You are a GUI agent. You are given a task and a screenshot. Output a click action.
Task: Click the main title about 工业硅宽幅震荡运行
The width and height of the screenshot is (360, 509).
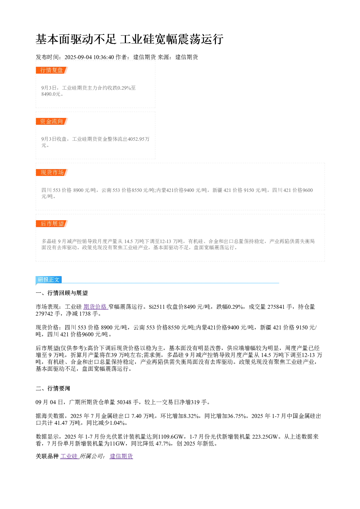(130, 39)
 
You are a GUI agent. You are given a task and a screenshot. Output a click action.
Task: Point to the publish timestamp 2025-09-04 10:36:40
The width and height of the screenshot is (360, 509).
(89, 57)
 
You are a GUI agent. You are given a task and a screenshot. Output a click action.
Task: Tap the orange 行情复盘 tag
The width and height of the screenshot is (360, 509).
(52, 70)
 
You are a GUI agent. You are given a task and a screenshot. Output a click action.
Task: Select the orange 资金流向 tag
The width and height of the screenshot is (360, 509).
(52, 121)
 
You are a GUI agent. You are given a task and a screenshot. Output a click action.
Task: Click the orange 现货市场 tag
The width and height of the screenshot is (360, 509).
(52, 172)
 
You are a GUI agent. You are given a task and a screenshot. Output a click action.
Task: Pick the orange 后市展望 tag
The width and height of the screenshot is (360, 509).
(52, 223)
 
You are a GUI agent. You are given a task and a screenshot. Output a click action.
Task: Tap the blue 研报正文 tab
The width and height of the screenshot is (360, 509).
(49, 279)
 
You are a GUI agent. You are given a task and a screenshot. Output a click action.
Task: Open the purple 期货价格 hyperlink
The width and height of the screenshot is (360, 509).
(95, 307)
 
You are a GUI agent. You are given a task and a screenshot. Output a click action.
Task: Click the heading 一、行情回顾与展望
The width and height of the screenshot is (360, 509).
(62, 293)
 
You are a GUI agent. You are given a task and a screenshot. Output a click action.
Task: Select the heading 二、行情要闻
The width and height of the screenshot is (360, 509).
(53, 389)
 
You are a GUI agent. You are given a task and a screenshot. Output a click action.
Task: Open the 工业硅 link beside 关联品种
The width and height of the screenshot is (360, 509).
(69, 456)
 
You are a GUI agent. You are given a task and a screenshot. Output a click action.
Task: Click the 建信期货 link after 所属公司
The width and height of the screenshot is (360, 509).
(121, 456)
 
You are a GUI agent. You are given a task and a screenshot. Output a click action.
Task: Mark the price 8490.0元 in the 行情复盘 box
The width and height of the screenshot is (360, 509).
(51, 94)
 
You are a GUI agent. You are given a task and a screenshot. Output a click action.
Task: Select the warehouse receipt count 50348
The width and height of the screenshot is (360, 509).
(124, 402)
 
